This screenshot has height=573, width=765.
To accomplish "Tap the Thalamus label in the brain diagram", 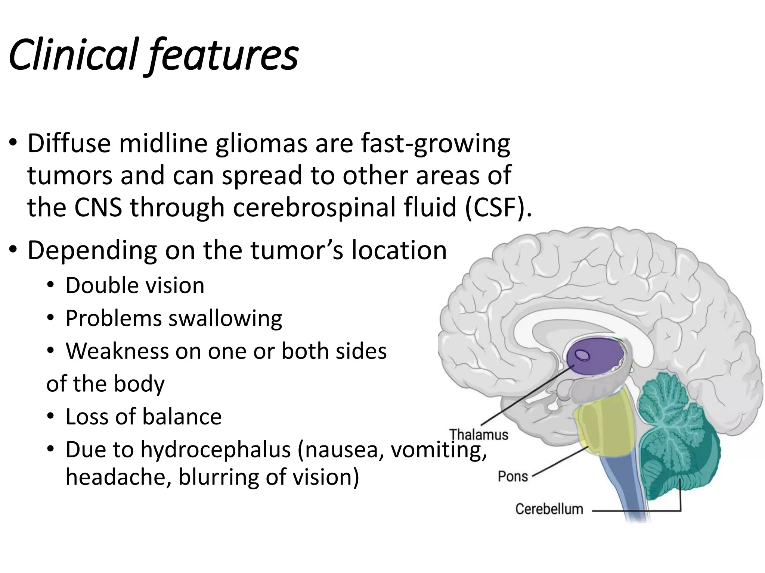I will pos(478,435).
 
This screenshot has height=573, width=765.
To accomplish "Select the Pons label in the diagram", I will pos(512,476).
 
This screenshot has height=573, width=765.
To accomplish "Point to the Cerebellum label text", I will pos(549,509).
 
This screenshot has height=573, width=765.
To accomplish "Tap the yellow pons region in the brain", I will pos(601,429).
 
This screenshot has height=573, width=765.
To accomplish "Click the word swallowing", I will pos(225,319).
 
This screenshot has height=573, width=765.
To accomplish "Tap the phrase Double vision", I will pos(135,286).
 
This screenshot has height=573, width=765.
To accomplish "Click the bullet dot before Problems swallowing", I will pos(51,319).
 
